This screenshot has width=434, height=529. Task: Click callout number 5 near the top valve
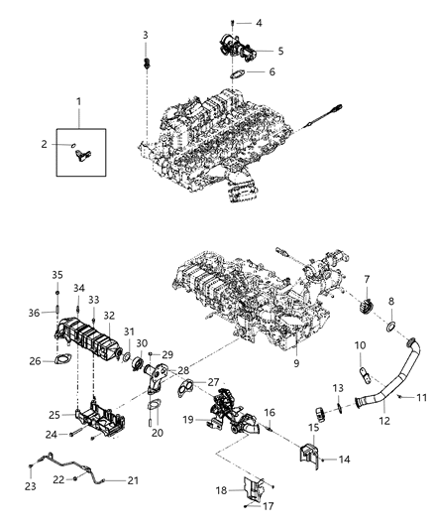coord(279,50)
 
